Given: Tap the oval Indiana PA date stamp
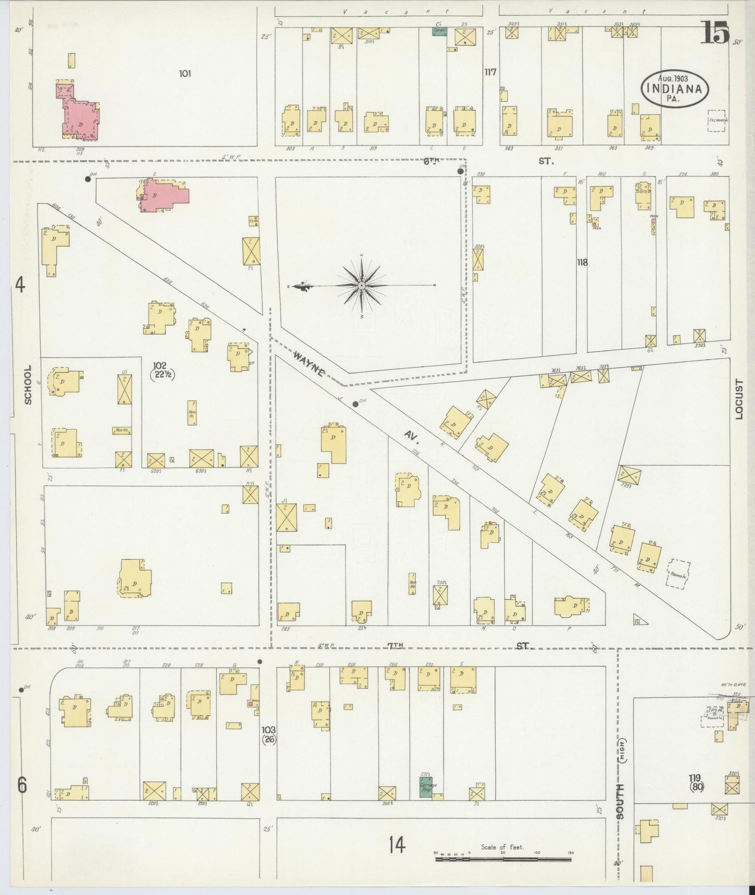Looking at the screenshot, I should point(674,89).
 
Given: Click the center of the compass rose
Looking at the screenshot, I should point(361,286).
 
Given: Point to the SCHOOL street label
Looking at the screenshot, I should point(28,384).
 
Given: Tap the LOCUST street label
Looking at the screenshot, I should point(739,399).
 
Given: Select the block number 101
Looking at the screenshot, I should point(184,74).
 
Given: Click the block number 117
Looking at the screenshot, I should point(490,72).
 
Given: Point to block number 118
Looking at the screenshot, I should point(582,262).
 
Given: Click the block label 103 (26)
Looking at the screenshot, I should point(269,734).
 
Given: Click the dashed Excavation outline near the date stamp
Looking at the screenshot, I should point(716,120).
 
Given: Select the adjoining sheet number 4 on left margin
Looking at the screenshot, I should point(20,286).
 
